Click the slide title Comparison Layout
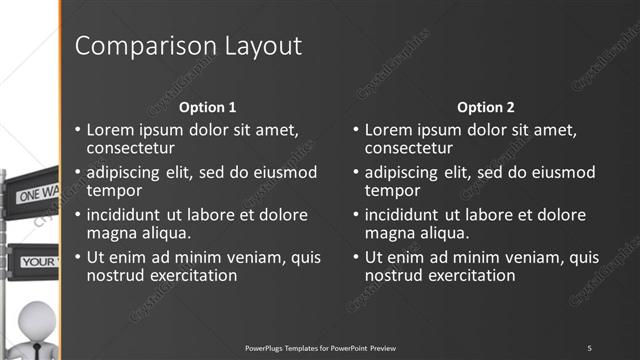pos(188,46)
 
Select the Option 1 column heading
pos(207,107)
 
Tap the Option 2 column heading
pos(486,107)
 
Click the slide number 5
pos(589,347)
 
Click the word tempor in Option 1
pos(114,190)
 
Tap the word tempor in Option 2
pos(392,190)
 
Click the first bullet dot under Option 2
pos(355,131)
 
